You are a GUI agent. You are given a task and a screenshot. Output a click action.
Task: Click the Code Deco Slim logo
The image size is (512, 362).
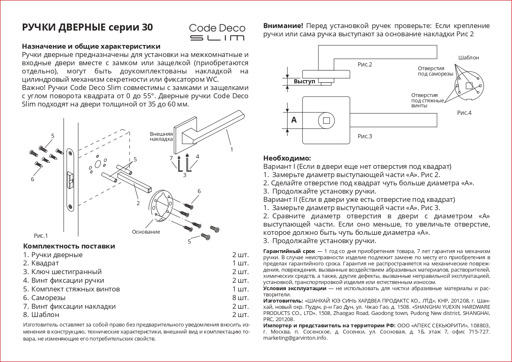[x=217, y=32]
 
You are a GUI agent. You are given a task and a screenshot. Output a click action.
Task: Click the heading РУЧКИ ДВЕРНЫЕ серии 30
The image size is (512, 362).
[x=87, y=28]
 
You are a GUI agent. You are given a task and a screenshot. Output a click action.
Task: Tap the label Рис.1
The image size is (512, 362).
[x=41, y=236]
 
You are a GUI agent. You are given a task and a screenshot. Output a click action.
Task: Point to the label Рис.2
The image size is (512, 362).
[x=365, y=64]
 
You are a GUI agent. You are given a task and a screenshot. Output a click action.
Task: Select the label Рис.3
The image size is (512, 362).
[x=365, y=136]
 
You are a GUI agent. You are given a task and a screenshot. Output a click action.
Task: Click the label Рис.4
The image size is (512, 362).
[x=464, y=113]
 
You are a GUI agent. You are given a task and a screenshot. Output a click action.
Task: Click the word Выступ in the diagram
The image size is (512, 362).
[x=304, y=82]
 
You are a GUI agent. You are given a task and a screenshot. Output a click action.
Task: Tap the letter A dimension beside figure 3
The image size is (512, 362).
[x=294, y=120]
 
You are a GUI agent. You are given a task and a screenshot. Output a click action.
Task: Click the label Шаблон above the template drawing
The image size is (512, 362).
[x=469, y=58]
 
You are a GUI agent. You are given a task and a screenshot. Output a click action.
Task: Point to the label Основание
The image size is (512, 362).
[x=146, y=232]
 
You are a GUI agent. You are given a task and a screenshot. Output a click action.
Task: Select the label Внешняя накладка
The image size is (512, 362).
[x=161, y=137]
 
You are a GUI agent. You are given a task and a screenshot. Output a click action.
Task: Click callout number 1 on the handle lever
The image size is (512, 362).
[x=231, y=149]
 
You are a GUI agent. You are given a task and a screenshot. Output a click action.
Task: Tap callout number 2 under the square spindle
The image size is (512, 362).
[x=138, y=203]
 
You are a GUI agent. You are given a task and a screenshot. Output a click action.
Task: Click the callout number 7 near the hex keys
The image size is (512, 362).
[x=171, y=158]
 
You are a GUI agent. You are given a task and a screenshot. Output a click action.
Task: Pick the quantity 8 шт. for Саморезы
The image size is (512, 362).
[x=240, y=298]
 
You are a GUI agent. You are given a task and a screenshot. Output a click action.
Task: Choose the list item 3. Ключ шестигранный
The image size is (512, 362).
[x=62, y=272]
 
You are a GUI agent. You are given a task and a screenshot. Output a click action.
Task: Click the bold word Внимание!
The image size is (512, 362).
[x=283, y=26]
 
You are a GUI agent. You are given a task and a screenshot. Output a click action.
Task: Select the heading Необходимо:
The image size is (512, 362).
[x=287, y=158]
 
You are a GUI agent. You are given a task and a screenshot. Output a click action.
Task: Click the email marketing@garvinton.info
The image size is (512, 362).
[x=295, y=338]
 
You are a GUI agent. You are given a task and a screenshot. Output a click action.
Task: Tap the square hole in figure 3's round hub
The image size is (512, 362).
[x=326, y=121]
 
